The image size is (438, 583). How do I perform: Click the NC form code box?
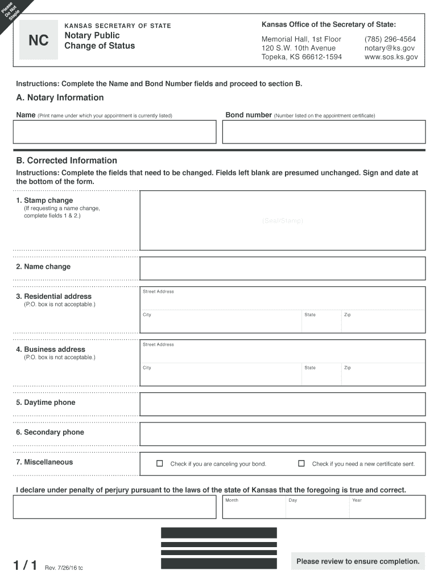39,40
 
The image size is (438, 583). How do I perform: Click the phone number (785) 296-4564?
390,39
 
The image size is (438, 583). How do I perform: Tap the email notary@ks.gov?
390,48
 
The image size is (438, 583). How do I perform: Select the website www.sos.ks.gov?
391,57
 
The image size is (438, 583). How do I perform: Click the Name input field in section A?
114,132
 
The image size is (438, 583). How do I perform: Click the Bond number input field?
324,132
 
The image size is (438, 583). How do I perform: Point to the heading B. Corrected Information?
67,161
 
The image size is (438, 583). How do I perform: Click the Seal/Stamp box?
283,220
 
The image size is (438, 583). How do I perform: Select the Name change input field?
283,269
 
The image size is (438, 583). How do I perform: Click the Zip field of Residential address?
383,324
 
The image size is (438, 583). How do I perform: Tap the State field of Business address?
321,376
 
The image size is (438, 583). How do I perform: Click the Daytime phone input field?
283,404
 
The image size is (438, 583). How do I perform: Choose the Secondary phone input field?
283,434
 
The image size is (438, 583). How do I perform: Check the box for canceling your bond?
160,463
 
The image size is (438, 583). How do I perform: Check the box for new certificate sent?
301,463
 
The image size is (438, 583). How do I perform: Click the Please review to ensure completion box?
358,561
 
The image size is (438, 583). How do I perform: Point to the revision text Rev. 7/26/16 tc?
64,568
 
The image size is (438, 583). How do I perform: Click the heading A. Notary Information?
60,97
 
